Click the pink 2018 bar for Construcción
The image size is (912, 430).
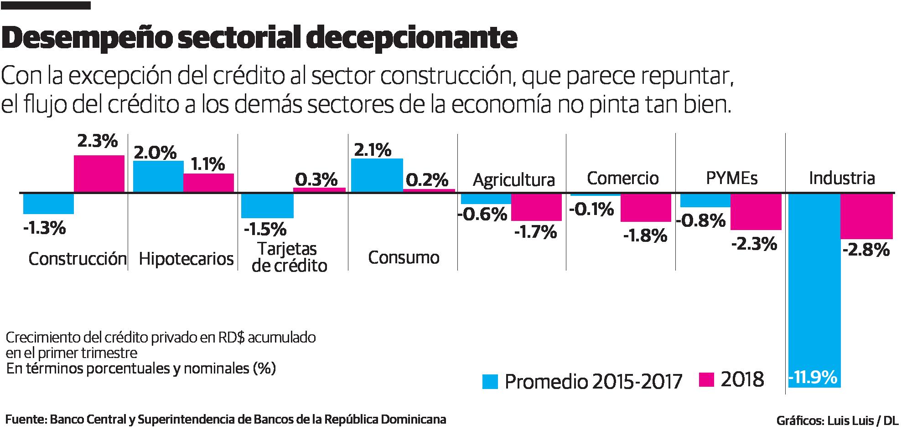(99, 174)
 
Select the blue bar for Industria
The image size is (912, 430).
(814, 282)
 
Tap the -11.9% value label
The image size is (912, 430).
(814, 377)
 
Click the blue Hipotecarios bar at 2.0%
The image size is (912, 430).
(158, 176)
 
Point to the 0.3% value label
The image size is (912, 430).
(316, 179)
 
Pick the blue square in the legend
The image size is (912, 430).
(490, 381)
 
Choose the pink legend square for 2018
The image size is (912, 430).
(705, 379)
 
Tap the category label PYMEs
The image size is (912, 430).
(731, 178)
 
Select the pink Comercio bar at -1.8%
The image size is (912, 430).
(646, 208)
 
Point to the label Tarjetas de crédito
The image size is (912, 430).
(289, 257)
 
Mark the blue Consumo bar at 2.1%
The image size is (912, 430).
(377, 175)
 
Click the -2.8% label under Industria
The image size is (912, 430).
(866, 250)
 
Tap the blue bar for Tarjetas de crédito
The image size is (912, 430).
(267, 205)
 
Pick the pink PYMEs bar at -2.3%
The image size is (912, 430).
(756, 212)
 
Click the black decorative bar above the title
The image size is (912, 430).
(46, 5)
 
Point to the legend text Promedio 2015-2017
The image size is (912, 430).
(593, 382)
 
